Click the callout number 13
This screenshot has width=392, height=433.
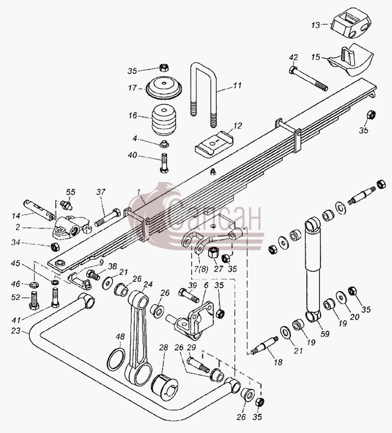(x=316, y=25)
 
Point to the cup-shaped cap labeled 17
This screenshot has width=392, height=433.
(x=164, y=88)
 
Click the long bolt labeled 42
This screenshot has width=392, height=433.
(x=308, y=78)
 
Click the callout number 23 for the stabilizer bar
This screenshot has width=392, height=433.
(x=16, y=330)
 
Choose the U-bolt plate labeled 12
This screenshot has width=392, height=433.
(x=214, y=143)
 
